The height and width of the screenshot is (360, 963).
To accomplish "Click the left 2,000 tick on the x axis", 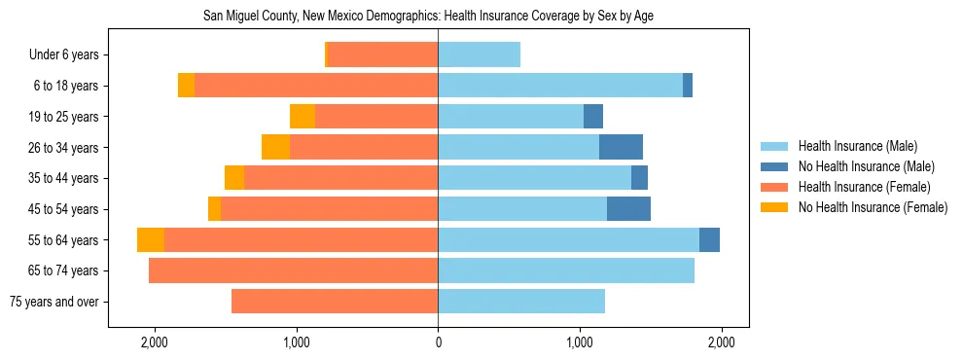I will (155, 343).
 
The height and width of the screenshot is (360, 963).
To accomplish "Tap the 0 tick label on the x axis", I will (438, 343).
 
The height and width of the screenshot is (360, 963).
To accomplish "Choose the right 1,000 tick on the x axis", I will (580, 343).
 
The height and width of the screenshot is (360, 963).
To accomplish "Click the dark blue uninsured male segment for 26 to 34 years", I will (621, 147).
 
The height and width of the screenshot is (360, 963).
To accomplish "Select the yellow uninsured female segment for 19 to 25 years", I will (303, 117).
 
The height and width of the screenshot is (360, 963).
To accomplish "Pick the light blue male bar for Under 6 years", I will (479, 55).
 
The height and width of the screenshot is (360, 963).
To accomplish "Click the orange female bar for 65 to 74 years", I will (293, 270).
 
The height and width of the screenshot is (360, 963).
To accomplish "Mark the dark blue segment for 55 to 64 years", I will (709, 240).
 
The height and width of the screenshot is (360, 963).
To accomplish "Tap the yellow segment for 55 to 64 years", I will (151, 240).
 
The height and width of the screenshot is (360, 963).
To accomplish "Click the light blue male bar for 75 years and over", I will (521, 302).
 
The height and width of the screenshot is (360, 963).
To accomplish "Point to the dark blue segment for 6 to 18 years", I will (688, 86).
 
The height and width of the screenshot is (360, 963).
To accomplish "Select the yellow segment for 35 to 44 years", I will (234, 178).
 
